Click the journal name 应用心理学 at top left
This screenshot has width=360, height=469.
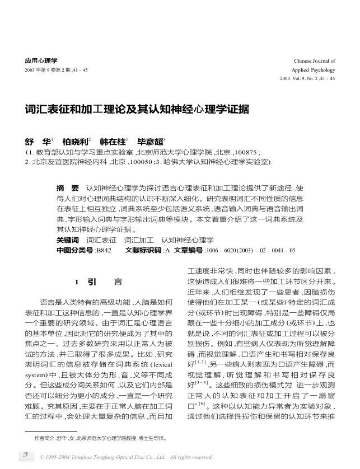(x=41, y=60)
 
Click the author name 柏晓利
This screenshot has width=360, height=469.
(x=74, y=142)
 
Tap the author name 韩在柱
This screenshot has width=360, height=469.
(x=112, y=142)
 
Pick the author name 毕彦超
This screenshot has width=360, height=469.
(x=149, y=142)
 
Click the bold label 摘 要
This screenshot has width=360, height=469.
(x=68, y=187)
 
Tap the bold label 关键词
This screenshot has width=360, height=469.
(x=68, y=240)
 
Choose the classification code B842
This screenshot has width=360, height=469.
(x=104, y=250)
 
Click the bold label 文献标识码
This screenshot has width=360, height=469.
(x=143, y=250)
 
